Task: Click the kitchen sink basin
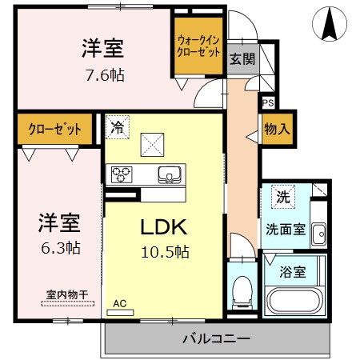pos(170,174)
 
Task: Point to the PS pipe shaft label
pos(267,102)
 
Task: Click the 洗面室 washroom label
pos(286,228)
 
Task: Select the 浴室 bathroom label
pos(294,271)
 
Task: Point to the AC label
pos(120,303)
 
